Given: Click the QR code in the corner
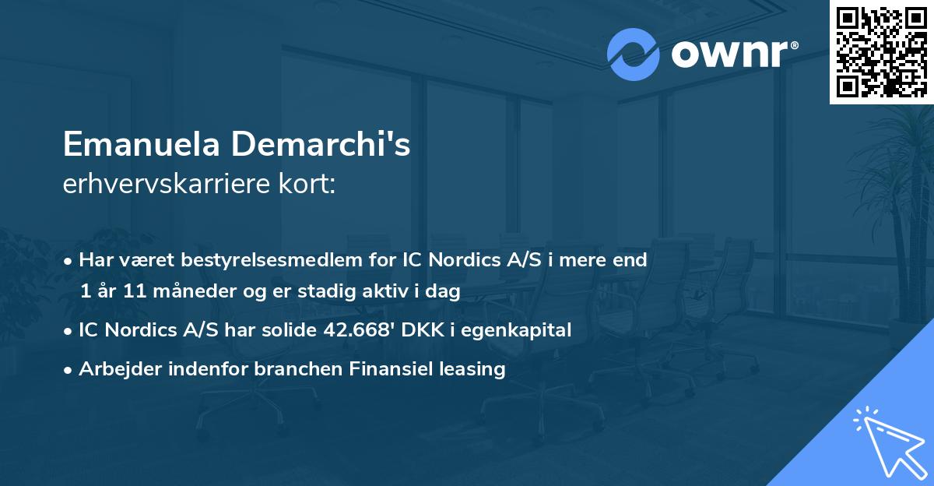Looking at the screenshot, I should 881,52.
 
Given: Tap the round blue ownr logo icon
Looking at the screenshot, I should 634,54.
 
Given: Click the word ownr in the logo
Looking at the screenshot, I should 729,53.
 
